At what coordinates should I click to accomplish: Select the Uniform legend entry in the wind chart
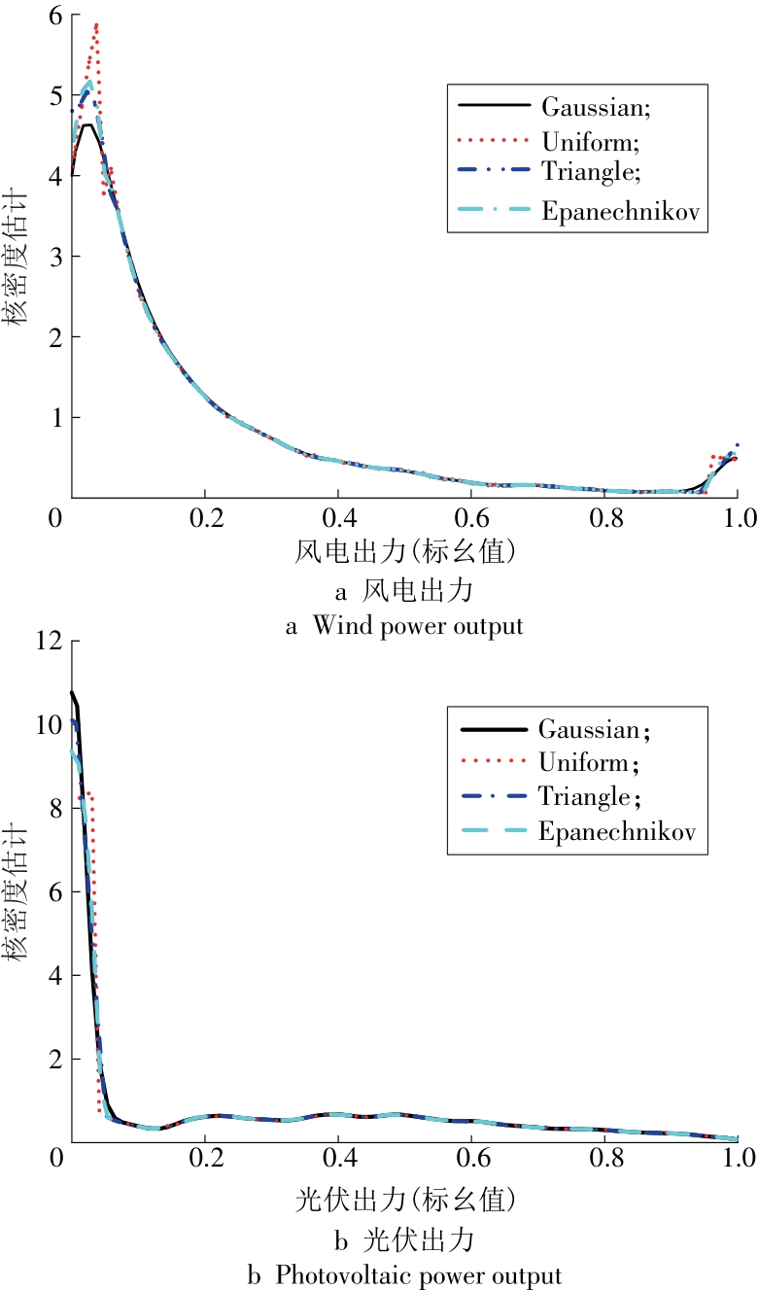point(582,142)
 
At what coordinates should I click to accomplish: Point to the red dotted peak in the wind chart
point(96,26)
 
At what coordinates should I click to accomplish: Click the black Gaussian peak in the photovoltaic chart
point(72,693)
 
